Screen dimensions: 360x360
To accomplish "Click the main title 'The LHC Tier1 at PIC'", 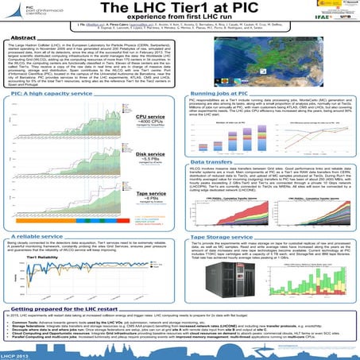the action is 180,8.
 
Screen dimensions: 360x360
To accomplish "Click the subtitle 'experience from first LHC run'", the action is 180,19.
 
